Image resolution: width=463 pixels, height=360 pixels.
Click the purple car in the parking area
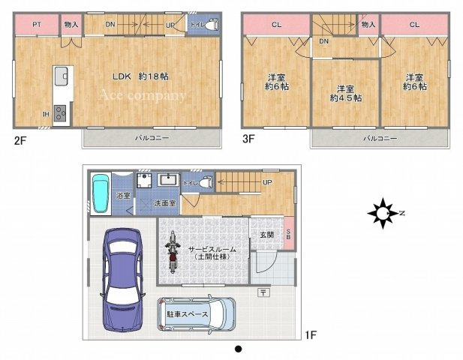(123, 280)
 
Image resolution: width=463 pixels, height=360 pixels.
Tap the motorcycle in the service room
(172, 252)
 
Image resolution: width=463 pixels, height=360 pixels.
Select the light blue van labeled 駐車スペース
(197, 314)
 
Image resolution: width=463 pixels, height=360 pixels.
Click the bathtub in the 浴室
(101, 193)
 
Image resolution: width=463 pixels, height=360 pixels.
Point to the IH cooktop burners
(60, 113)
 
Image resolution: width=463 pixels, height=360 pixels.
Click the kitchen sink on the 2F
(61, 76)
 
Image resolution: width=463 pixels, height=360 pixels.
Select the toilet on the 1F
(206, 182)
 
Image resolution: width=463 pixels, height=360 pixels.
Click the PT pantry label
(37, 25)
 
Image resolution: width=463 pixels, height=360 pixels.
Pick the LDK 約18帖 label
(140, 76)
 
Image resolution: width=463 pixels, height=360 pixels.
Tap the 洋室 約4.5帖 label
(345, 94)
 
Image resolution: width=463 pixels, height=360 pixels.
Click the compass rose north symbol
(383, 213)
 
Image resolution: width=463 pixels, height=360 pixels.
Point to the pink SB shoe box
(289, 233)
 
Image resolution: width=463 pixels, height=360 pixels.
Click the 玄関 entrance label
(266, 235)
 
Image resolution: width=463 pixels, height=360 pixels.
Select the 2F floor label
(20, 140)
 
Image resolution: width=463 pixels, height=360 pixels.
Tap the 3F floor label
(248, 139)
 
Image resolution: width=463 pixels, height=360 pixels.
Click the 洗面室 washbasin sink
(168, 180)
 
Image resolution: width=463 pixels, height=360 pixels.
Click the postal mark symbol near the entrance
(264, 292)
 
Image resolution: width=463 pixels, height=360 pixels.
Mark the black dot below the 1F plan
(239, 349)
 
